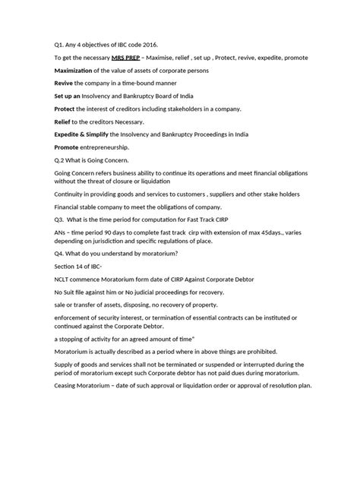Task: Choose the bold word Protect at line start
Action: tap(68, 108)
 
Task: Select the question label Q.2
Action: tap(61, 160)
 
